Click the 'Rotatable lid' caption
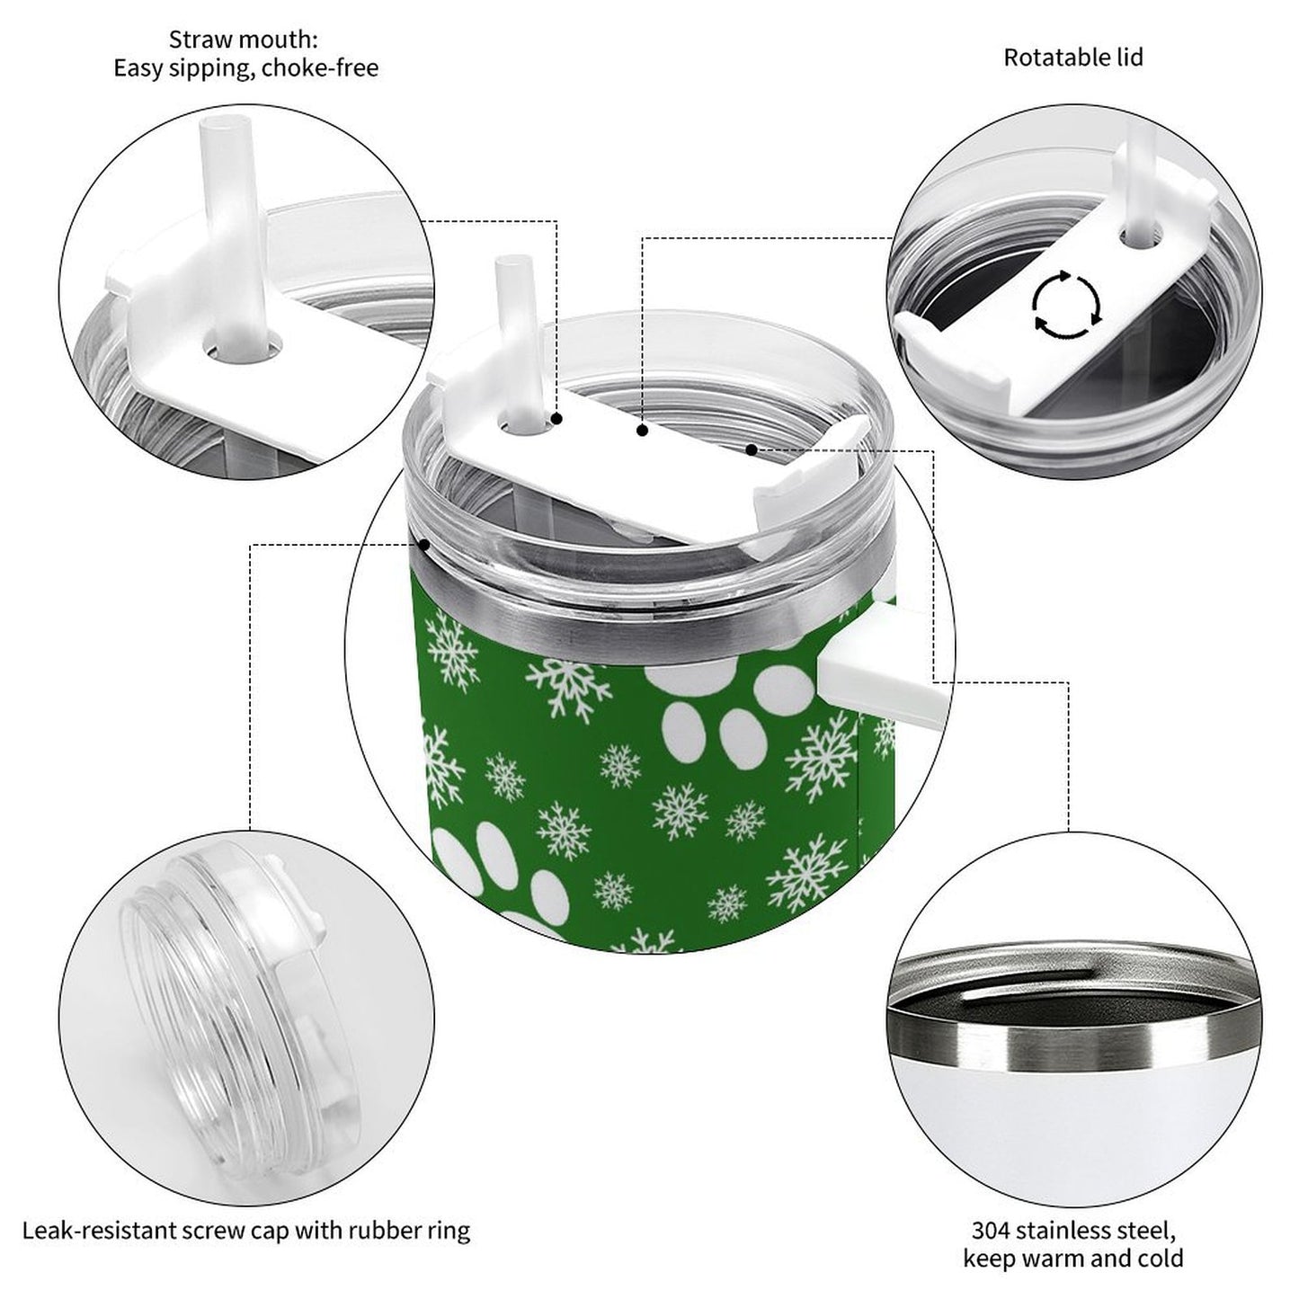pyautogui.click(x=1072, y=58)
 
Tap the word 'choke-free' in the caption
pyautogui.click(x=321, y=68)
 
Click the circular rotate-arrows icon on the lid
pyautogui.click(x=1066, y=304)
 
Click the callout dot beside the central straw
pyautogui.click(x=557, y=419)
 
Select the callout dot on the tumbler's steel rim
pyautogui.click(x=423, y=544)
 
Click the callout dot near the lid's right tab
pyautogui.click(x=751, y=448)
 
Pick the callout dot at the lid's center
pyautogui.click(x=642, y=432)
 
